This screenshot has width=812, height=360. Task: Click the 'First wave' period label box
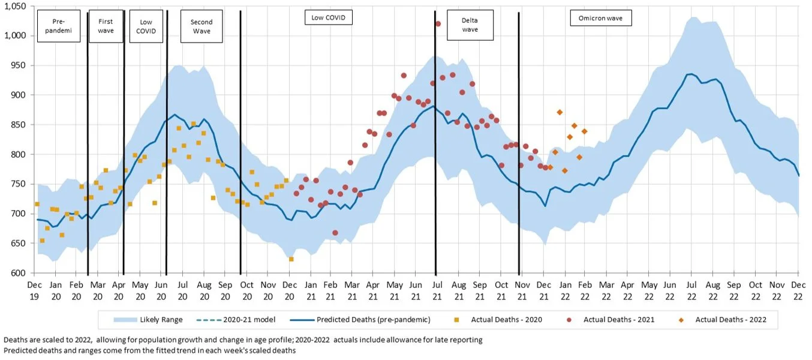(x=106, y=26)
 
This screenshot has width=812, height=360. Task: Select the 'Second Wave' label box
(x=202, y=26)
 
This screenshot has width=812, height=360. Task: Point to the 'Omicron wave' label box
(x=600, y=18)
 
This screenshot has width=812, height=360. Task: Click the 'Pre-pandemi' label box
(x=59, y=26)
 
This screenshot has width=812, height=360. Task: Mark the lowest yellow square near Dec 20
(x=291, y=259)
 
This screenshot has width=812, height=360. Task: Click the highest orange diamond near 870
(x=560, y=112)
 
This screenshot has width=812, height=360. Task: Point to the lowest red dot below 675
(x=335, y=233)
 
